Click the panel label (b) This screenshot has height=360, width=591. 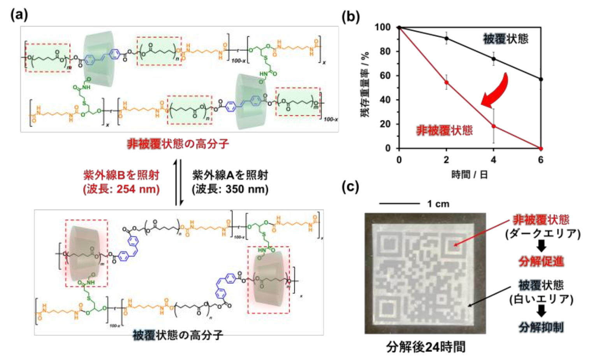[x=350, y=16]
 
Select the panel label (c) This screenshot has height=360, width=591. [x=350, y=187]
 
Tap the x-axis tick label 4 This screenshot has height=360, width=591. [x=493, y=160]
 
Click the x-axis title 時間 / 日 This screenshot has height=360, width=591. [x=469, y=175]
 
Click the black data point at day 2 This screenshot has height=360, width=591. [x=446, y=38]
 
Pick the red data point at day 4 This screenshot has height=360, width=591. [x=494, y=126]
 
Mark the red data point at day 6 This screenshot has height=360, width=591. [x=541, y=148]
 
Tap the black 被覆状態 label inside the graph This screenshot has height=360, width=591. [x=505, y=39]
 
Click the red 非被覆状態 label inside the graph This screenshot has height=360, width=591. [x=444, y=130]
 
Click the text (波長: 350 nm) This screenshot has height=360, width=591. [x=230, y=189]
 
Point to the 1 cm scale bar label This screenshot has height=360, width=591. [x=438, y=204]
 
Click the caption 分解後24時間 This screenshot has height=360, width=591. [x=426, y=346]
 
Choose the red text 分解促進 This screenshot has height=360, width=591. [x=541, y=261]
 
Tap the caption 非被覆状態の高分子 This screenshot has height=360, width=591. [x=178, y=144]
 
